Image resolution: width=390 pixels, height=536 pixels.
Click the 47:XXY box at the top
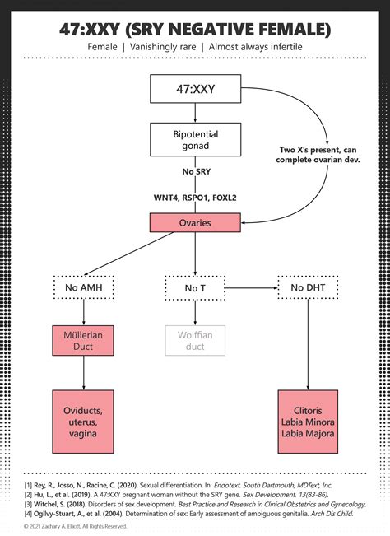[195, 90]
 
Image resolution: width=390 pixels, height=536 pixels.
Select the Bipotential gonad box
[195, 138]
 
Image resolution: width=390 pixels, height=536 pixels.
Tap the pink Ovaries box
[195, 222]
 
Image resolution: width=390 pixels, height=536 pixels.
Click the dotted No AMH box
[82, 287]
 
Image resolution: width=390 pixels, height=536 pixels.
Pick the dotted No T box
[195, 287]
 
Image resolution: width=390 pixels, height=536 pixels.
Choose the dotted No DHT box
[307, 287]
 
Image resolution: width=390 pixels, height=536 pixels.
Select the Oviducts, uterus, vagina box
[82, 420]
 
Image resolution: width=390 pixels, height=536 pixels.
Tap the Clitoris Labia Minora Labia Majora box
[307, 420]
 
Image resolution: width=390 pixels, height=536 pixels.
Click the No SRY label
[195, 172]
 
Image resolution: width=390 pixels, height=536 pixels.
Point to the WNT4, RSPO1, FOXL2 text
[195, 198]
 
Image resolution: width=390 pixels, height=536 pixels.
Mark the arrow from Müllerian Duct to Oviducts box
[82, 375]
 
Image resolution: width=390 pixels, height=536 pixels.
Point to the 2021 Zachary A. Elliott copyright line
[76, 524]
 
